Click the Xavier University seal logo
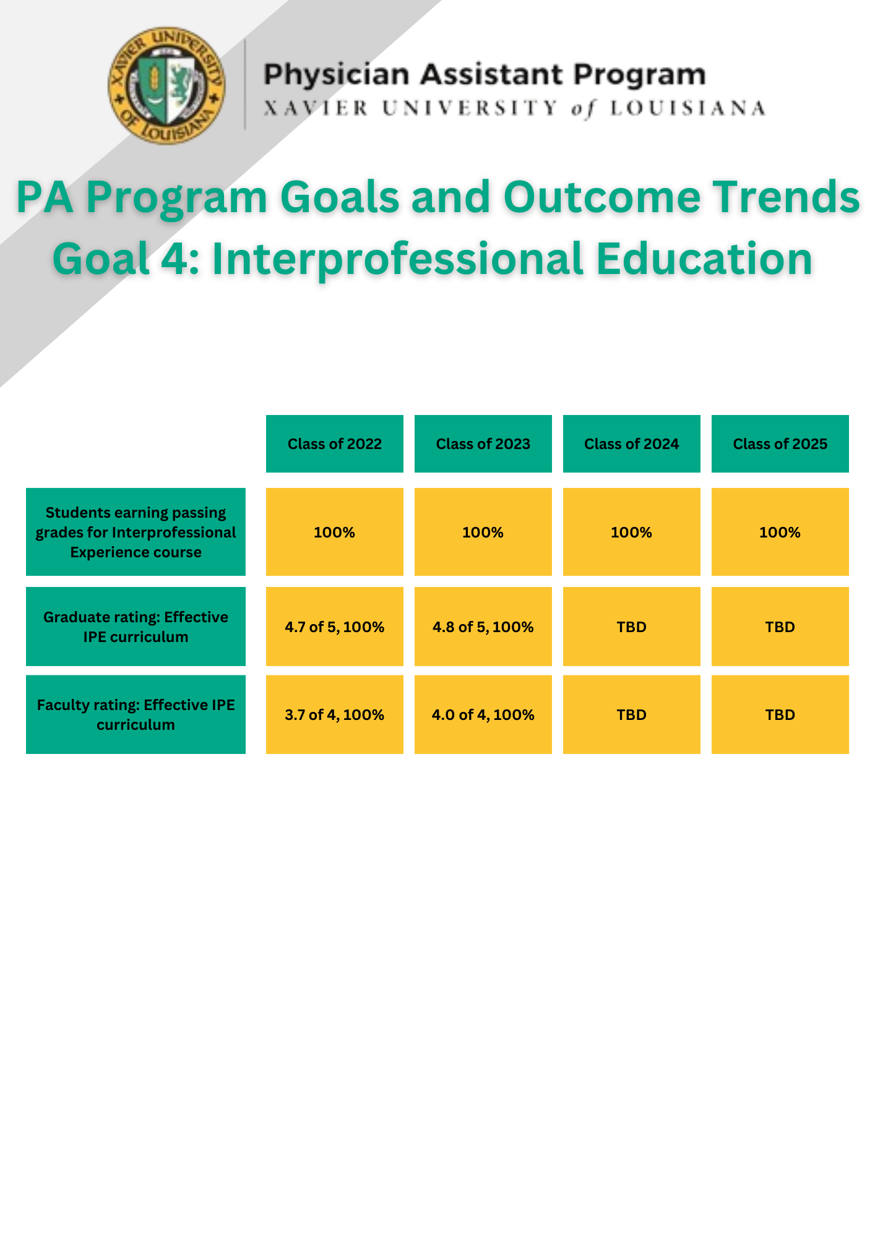point(167,85)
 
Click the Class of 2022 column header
point(335,444)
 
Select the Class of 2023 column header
point(483,444)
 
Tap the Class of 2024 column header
point(632,444)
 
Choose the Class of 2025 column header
point(780,444)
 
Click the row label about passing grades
point(136,532)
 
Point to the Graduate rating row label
point(136,627)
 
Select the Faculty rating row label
point(136,714)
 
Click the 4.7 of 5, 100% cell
point(335,627)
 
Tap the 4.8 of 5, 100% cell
point(483,627)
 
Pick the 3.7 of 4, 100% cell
point(335,714)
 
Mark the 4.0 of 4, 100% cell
point(483,714)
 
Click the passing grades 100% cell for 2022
point(335,532)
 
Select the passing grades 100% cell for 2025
point(780,532)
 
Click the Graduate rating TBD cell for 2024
point(632,627)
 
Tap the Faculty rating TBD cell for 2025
point(780,714)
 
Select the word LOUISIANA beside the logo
point(688,109)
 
